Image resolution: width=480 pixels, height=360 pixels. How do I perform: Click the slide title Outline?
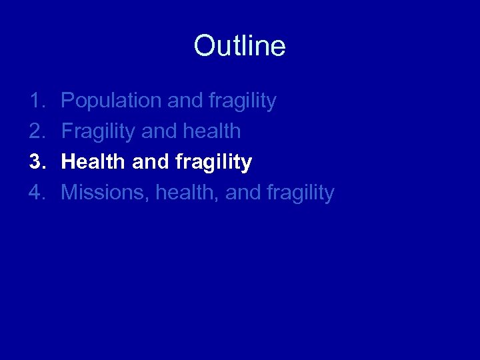[x=239, y=46]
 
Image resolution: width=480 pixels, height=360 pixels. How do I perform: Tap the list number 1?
[x=37, y=101]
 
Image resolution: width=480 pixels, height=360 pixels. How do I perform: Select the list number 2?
[x=37, y=131]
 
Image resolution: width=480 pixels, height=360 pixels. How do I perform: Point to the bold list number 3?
[x=37, y=162]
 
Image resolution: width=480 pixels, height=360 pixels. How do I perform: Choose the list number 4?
[x=37, y=193]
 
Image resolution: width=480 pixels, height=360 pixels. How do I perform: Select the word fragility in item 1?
[x=242, y=101]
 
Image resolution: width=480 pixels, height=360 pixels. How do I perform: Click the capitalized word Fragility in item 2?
[x=98, y=132]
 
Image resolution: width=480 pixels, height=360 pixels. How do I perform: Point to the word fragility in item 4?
[x=300, y=193]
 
